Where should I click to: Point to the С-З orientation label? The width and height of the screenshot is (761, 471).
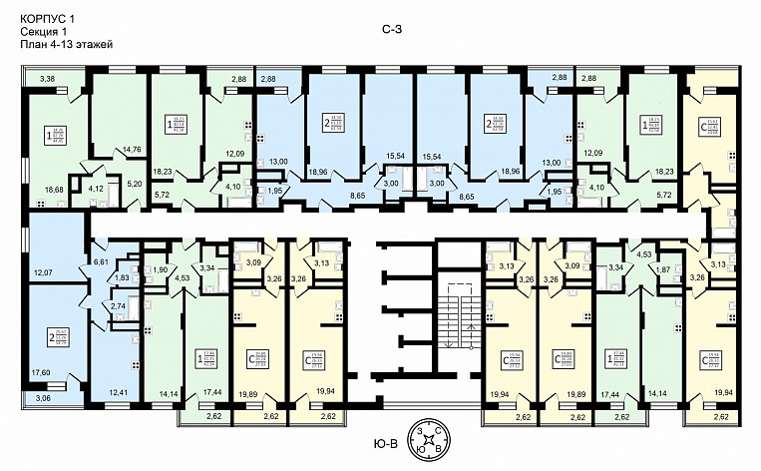(393, 33)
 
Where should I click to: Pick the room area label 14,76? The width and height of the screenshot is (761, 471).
(132, 150)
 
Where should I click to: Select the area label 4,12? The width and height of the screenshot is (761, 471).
(97, 188)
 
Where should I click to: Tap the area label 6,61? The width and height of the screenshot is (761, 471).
(100, 260)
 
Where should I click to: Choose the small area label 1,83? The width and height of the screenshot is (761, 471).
(123, 279)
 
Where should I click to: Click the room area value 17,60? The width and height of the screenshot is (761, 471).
(41, 372)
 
